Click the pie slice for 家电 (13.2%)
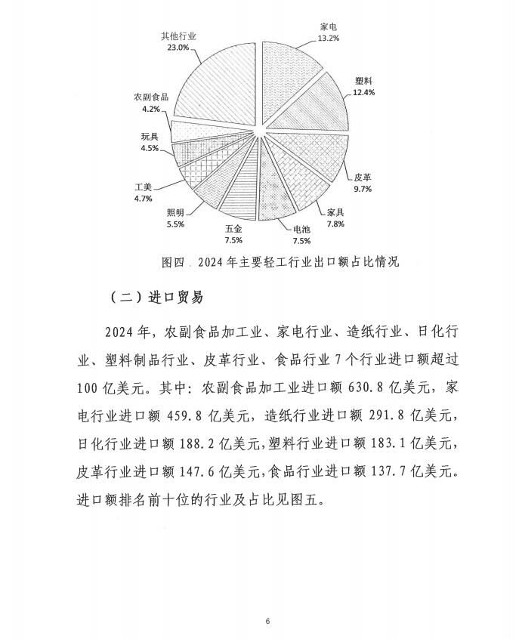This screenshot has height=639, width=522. [x=292, y=83]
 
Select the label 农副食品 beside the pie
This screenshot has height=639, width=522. [x=150, y=98]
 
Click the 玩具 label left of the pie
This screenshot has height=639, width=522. [x=149, y=137]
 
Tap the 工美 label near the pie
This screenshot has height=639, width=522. [x=144, y=187]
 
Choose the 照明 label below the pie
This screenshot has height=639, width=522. [x=175, y=212]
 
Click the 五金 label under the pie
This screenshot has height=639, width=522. [x=233, y=229]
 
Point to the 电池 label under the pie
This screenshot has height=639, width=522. [x=292, y=230]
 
